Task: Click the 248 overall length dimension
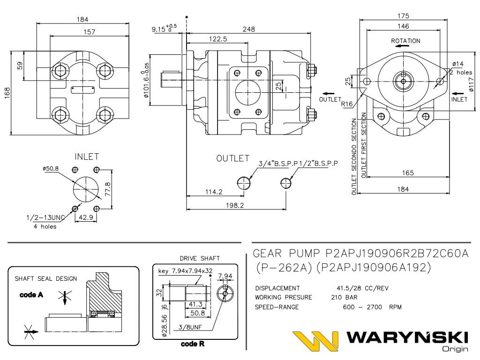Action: point(249,29)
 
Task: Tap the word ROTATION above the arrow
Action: point(405,41)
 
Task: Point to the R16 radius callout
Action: point(347,104)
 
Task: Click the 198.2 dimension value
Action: point(235,205)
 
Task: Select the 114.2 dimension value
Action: point(213,192)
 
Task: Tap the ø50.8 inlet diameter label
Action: point(51,169)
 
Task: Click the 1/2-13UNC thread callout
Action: point(45,217)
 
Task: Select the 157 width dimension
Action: point(89,32)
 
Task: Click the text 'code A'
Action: point(31,295)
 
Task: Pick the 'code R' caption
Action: point(192,344)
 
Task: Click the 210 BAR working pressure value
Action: point(344,297)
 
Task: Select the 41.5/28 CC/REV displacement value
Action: point(360,288)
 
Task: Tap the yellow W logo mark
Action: point(315,341)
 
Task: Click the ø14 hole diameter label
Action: point(458,64)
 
